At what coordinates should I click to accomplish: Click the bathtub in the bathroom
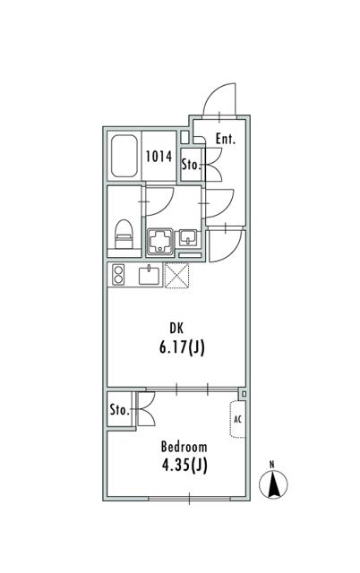point(124,156)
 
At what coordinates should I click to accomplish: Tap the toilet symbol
point(124,235)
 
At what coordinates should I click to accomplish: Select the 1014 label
point(159,157)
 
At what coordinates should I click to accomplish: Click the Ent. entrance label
point(226,139)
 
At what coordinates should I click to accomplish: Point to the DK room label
point(176,329)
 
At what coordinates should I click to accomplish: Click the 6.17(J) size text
point(182,348)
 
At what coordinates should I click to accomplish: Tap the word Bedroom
point(184,447)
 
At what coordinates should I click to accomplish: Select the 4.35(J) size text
point(184,466)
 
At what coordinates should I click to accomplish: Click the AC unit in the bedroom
point(237,419)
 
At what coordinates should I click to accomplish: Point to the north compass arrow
point(273,484)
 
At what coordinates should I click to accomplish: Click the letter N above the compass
point(271,465)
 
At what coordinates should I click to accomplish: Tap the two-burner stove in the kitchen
point(117,275)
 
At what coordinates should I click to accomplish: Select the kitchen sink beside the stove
point(150,275)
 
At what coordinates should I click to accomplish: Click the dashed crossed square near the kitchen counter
point(177,276)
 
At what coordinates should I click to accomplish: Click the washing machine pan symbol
point(159,242)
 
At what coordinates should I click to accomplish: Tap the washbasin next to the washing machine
point(187,238)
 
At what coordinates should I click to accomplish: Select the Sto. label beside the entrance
point(192,165)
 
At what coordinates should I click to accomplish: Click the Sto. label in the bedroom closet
point(119,410)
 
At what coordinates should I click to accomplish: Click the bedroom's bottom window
point(189,498)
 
